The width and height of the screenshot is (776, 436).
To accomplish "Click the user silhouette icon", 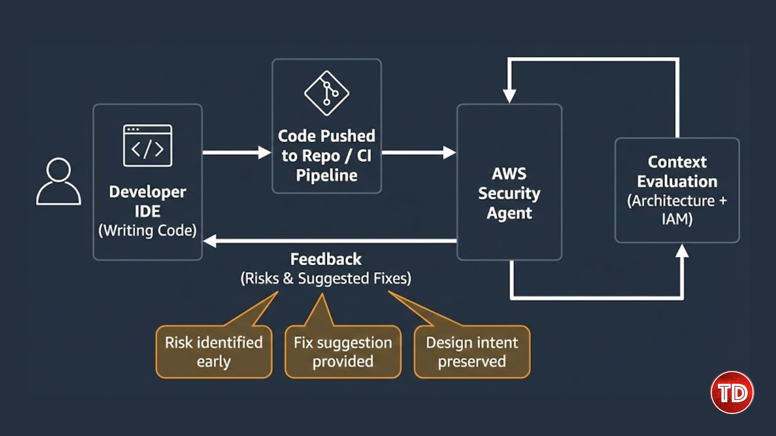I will [x=59, y=182].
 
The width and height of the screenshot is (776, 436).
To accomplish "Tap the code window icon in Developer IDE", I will [x=148, y=146].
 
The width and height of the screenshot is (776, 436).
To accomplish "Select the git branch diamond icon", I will [x=327, y=93].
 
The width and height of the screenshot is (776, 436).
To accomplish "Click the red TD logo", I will [x=732, y=392].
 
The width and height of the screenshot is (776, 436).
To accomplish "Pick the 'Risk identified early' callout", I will [x=214, y=352].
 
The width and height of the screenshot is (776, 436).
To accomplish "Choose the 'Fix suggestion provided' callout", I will [x=343, y=352].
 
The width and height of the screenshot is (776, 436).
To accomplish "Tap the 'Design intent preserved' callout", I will [x=472, y=352].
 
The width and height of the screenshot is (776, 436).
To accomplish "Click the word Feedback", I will [x=326, y=259].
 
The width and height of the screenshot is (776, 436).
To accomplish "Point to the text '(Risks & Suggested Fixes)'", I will [x=326, y=279].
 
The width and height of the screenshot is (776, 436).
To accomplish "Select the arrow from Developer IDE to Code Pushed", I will [x=236, y=153].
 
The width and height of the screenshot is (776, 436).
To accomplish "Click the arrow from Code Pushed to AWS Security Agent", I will [x=418, y=153].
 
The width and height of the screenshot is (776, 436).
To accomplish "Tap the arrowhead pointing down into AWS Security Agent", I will [x=509, y=96].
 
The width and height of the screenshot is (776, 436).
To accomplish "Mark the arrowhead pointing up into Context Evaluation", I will [x=682, y=251].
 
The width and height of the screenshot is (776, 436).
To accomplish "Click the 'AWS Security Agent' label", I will [x=509, y=193].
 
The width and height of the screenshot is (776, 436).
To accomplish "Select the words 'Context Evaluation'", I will [x=677, y=172].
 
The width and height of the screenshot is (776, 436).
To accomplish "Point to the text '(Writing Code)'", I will [x=148, y=231].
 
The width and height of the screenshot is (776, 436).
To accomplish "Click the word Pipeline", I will [x=327, y=176].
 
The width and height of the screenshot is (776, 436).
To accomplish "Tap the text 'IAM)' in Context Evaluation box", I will [x=677, y=219].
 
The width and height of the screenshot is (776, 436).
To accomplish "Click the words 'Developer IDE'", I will [x=148, y=201].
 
